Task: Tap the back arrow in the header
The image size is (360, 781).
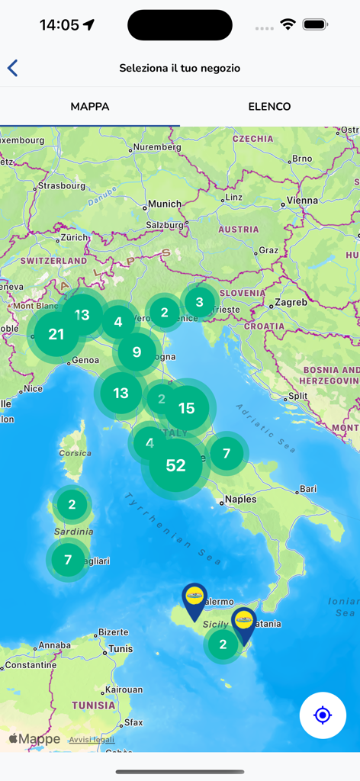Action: point(13,68)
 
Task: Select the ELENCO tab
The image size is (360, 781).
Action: point(269,107)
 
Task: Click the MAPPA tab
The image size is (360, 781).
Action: point(90,107)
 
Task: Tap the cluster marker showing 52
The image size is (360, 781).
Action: point(176,465)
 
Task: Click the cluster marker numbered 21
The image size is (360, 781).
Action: point(56,334)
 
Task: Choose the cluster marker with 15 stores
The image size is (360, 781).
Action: point(186,409)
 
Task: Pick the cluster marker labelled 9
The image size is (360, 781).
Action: point(137,352)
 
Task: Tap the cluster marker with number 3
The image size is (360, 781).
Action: point(200,301)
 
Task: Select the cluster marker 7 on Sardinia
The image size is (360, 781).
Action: point(68,560)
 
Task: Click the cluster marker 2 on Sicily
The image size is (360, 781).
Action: point(223,644)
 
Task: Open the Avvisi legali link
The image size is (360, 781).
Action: point(92,740)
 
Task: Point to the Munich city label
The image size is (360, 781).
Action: point(165,204)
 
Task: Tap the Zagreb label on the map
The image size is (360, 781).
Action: point(291,302)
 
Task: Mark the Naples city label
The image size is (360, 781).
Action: point(243,501)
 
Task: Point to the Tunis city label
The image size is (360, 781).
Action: point(121,649)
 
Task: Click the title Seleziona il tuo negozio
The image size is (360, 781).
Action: point(180,68)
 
